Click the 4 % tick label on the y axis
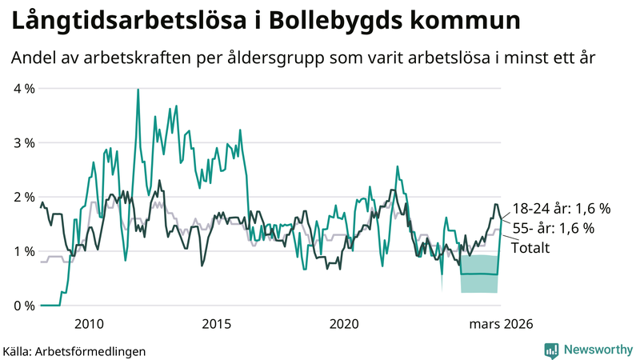(23, 88)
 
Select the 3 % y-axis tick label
(23, 142)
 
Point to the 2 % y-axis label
(23, 197)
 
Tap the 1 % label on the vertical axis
(23, 251)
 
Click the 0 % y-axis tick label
(23, 306)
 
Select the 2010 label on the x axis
(89, 324)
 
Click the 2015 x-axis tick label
(217, 324)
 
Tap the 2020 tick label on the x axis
(344, 324)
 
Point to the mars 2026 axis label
(501, 324)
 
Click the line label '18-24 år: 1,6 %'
(562, 208)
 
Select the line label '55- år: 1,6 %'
(554, 228)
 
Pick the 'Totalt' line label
(531, 248)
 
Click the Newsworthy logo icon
(551, 350)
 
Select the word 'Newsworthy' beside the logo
(596, 350)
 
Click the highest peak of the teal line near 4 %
(138, 90)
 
